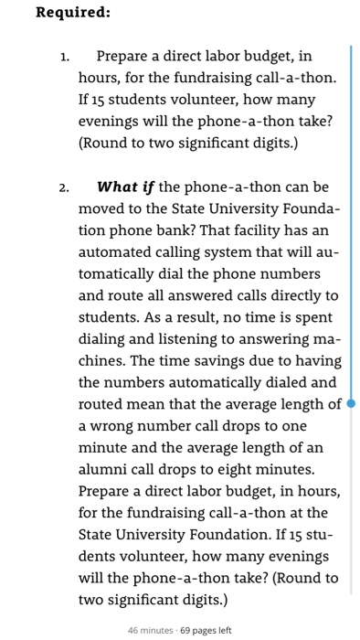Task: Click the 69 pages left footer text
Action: pyautogui.click(x=206, y=630)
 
